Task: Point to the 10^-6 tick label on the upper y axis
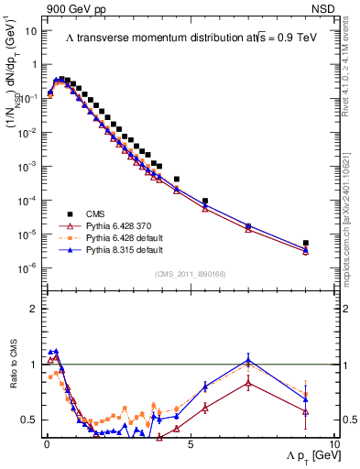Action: click(26, 267)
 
